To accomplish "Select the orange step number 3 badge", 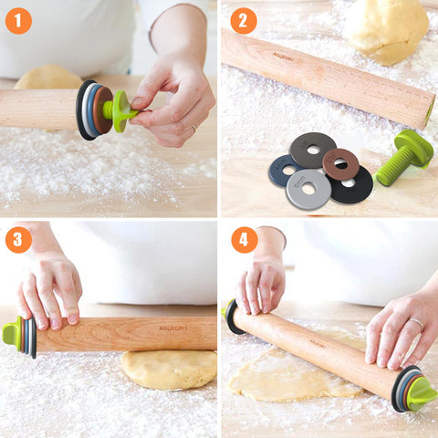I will click(x=18, y=240).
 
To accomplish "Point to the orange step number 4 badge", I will click(x=243, y=240).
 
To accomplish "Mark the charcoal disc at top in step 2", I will click(x=312, y=149).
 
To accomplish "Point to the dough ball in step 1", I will click(x=48, y=78).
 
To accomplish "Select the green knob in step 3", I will click(x=12, y=333).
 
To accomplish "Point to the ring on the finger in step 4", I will click(x=414, y=322).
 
